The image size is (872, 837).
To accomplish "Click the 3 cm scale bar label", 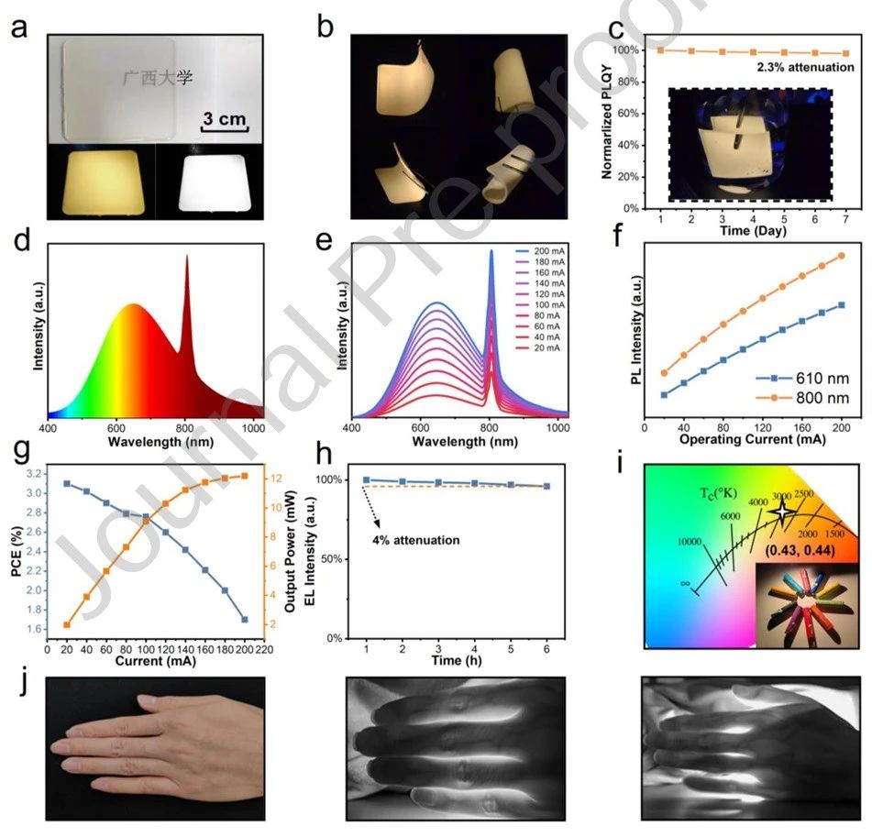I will pos(224,120).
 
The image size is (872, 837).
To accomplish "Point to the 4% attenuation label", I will pos(415,540).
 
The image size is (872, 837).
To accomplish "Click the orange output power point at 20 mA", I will pos(67,625).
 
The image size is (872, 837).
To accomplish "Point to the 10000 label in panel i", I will pos(692,542).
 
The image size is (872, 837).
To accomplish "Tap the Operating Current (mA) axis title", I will pos(744,440).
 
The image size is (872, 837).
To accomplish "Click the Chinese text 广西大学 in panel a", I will pos(159,77).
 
